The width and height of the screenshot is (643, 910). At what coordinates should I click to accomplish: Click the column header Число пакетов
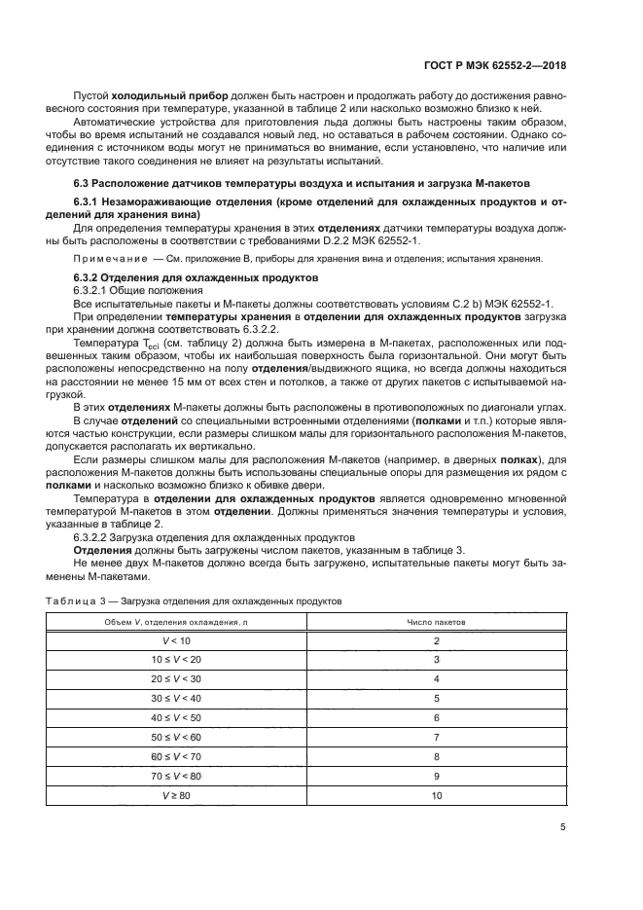(437, 621)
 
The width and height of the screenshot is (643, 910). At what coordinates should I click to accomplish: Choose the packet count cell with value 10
(437, 795)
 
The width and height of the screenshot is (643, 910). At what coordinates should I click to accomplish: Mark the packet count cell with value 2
(437, 639)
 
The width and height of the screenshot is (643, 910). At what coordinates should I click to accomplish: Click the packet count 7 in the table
(437, 737)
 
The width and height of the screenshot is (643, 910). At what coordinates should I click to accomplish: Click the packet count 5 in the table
(437, 698)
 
